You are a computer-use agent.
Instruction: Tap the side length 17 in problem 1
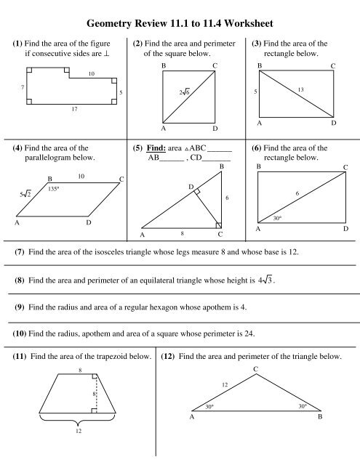click(65, 110)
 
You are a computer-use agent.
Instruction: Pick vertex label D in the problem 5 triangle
click(191, 187)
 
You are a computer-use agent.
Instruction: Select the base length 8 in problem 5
click(182, 234)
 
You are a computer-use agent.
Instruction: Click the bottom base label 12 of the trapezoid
click(68, 452)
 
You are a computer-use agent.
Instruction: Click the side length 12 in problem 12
click(225, 384)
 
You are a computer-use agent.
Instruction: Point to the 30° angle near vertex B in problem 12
click(303, 408)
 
